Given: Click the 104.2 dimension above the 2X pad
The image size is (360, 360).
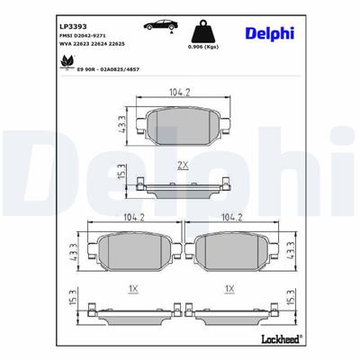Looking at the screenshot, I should click(x=183, y=92).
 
